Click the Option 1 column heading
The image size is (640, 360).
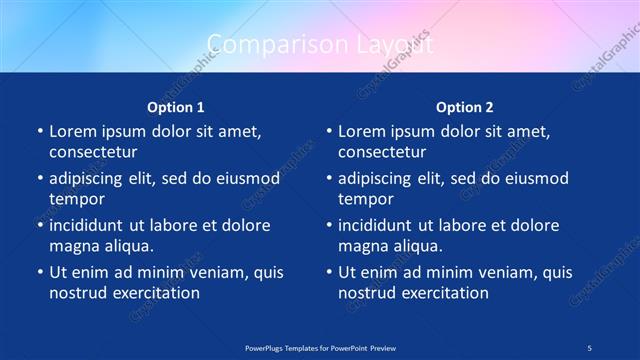pyautogui.click(x=176, y=107)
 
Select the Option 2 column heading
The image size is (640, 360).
pyautogui.click(x=465, y=107)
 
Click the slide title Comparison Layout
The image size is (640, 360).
pyautogui.click(x=320, y=43)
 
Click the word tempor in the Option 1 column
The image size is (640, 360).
pyautogui.click(x=75, y=199)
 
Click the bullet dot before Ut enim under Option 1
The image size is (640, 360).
pyautogui.click(x=39, y=272)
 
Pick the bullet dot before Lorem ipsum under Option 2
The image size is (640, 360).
pyautogui.click(x=328, y=131)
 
